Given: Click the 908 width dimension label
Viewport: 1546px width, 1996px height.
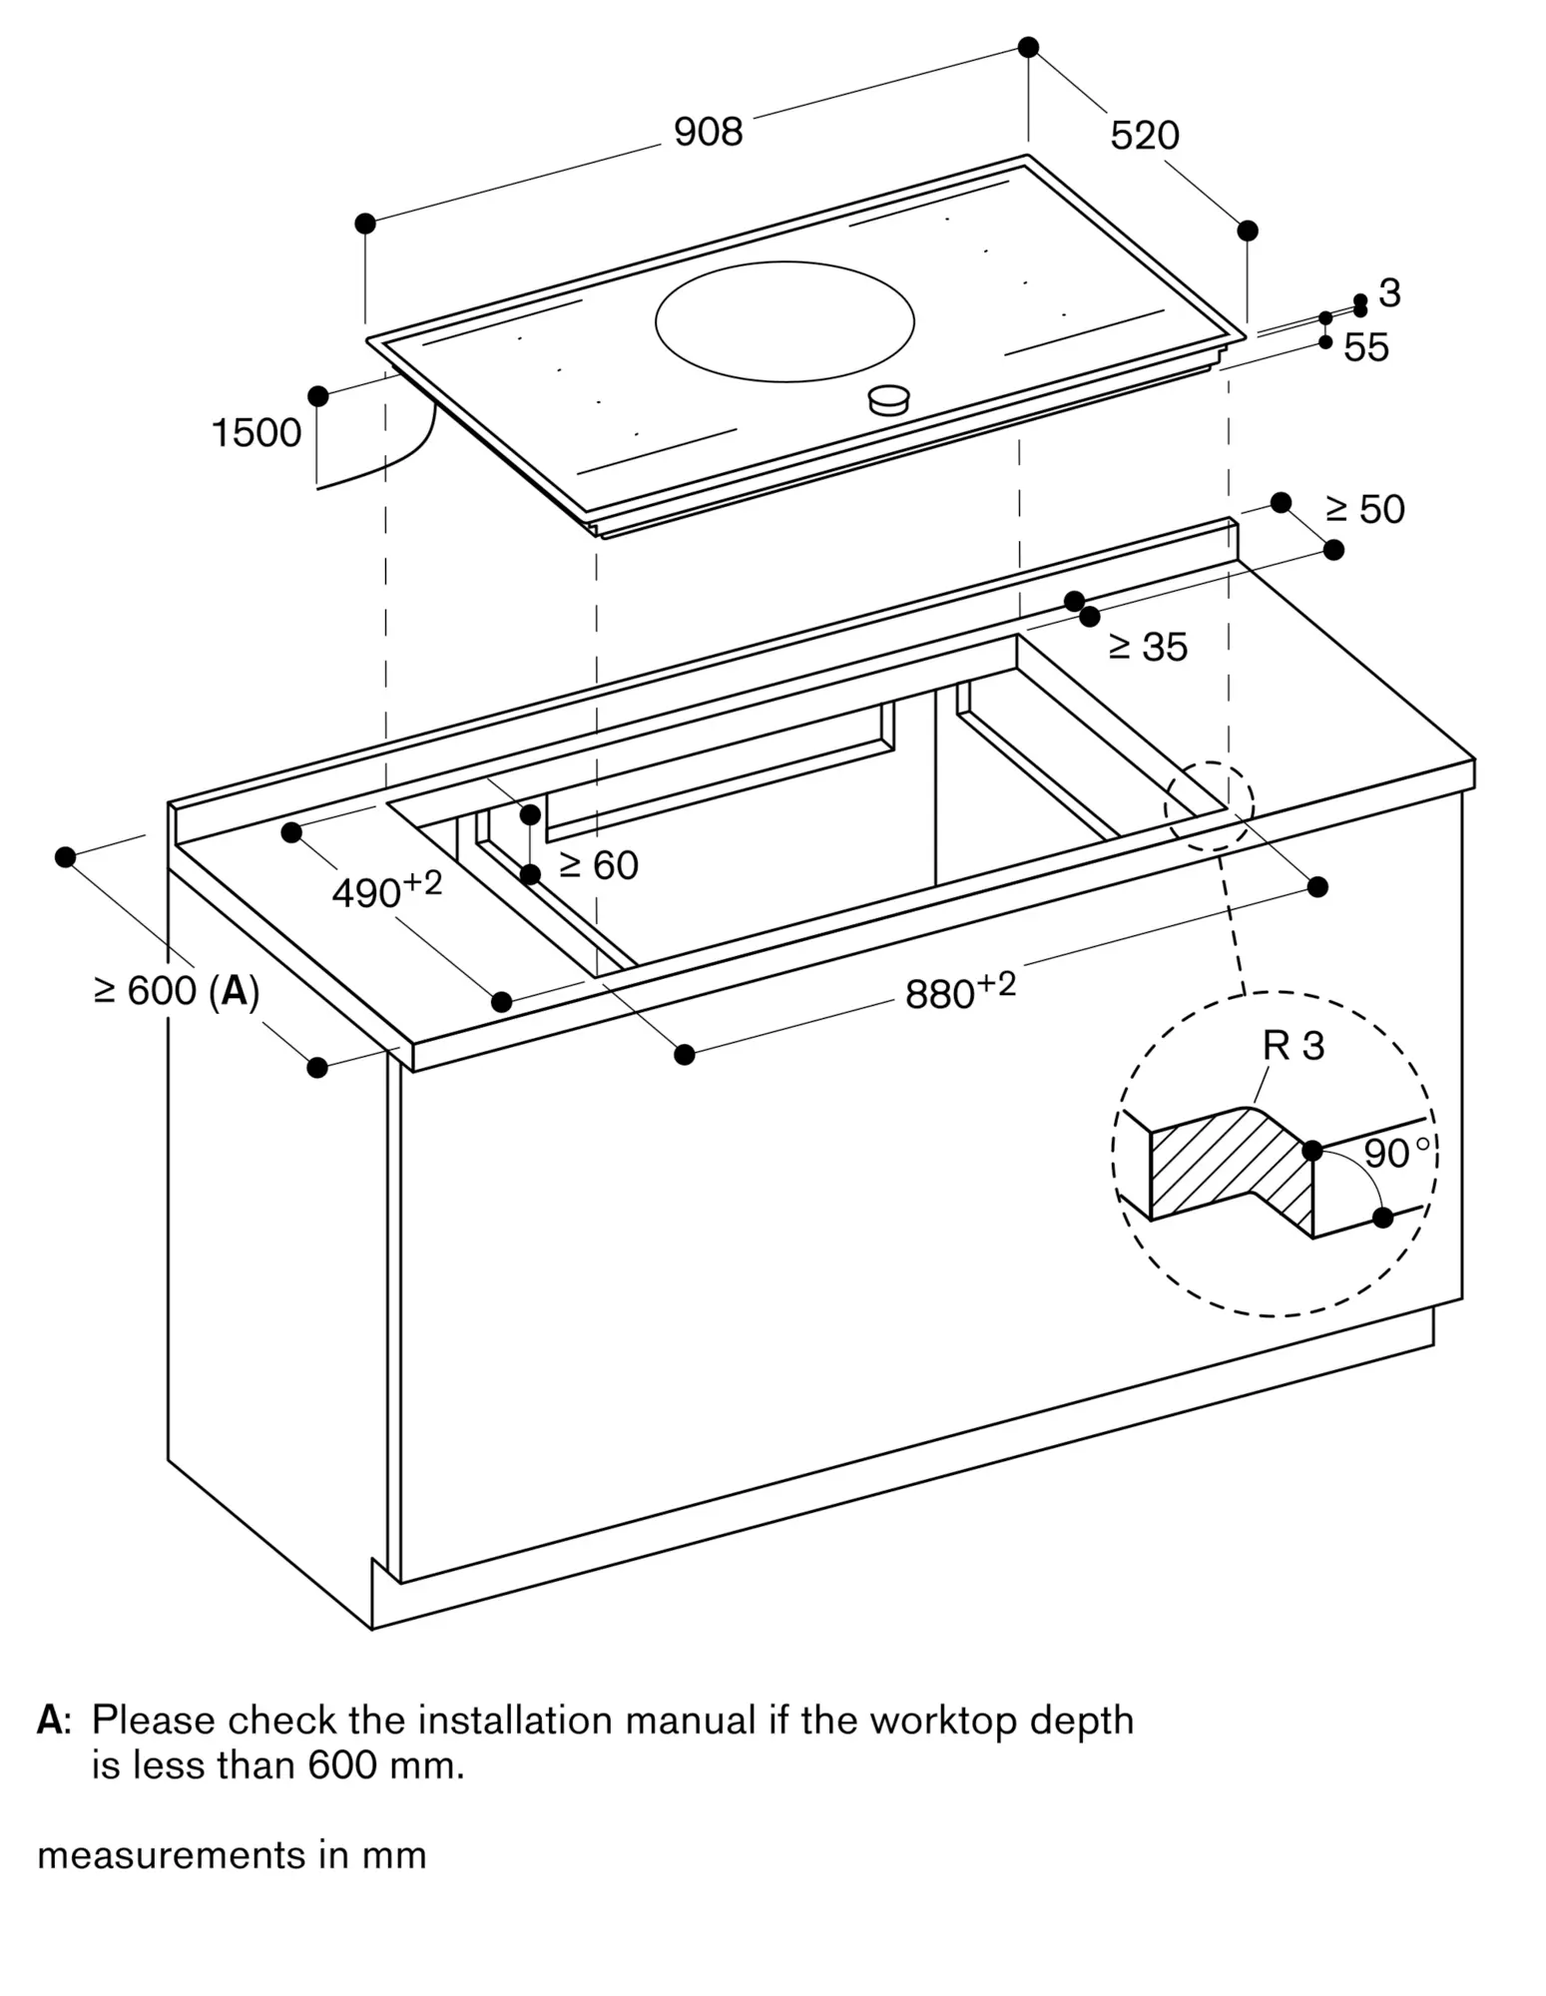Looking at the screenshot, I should pos(708,132).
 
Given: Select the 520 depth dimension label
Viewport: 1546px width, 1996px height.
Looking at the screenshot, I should pos(1144,136).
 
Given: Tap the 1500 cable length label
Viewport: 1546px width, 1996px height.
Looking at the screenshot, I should pos(257,433).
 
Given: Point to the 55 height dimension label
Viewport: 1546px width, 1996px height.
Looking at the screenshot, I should pos(1365,347).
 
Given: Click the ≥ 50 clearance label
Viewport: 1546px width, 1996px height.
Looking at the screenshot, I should pos(1364,510).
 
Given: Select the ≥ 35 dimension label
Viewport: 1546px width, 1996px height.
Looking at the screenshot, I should pos(1148,648).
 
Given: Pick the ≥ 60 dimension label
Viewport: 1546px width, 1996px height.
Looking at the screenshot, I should pos(598,865).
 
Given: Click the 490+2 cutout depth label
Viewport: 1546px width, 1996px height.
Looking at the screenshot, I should pos(385,890).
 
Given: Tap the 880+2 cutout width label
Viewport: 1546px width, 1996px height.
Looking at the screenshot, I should pos(959,991).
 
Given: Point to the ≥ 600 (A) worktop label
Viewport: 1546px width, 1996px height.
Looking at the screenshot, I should pos(177,991).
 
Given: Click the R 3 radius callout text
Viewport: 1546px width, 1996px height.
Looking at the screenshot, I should pos(1292,1046).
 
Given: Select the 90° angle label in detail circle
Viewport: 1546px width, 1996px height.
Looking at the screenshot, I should pos(1394,1154).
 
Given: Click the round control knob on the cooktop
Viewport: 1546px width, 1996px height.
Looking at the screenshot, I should pos(888,400).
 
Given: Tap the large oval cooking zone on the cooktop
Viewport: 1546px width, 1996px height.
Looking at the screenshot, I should pos(784,321).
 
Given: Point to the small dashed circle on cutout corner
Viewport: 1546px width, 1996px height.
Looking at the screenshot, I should pos(1209,806).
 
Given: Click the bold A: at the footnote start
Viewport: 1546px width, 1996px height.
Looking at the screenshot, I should pos(53,1721).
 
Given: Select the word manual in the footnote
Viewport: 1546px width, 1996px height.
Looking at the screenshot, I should pos(691,1721).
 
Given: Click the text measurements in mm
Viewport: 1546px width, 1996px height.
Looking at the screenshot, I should pos(232,1855).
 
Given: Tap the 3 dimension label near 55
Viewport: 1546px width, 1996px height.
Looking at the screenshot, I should pos(1389,293).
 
